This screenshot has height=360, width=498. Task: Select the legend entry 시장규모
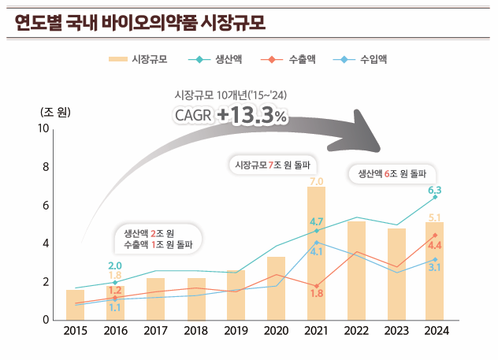(136, 59)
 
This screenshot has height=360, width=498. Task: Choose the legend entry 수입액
(362, 59)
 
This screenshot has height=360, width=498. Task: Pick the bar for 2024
(435, 272)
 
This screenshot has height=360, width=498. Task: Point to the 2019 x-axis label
(236, 332)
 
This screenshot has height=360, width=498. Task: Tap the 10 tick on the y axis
(44, 128)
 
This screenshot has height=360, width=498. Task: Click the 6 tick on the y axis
(46, 205)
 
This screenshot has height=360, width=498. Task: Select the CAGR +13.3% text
(231, 115)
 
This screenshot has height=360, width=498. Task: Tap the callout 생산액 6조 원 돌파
(392, 174)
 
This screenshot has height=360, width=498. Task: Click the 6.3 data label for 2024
(435, 190)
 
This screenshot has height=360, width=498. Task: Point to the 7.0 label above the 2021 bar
(317, 182)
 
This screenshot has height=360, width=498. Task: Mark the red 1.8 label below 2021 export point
(317, 294)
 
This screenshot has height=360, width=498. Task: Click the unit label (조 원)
(53, 110)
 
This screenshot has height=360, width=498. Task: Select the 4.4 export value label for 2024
(435, 246)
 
